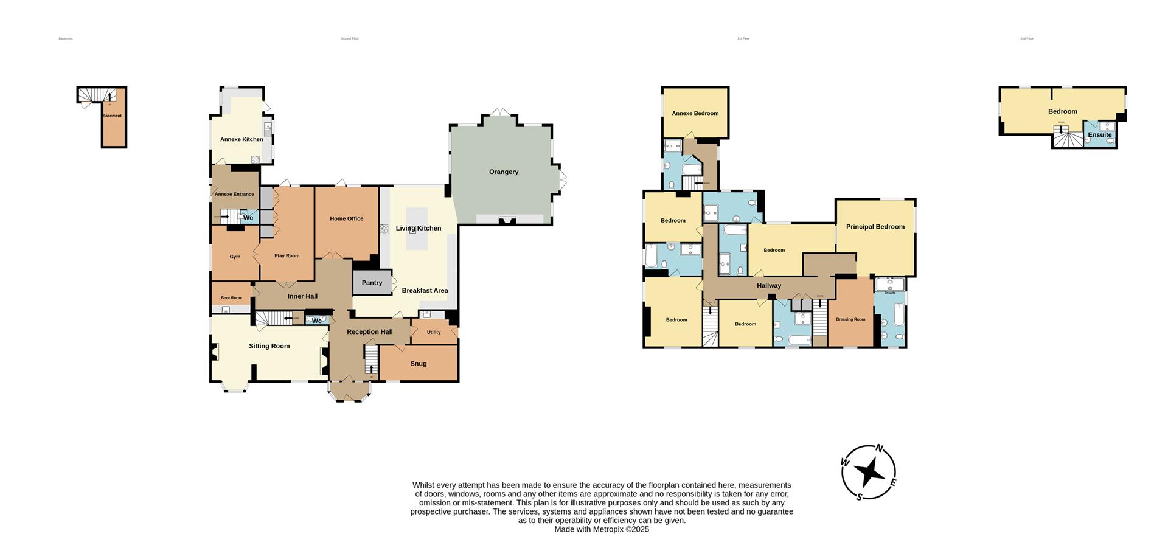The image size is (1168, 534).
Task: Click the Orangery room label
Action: pos(504,172)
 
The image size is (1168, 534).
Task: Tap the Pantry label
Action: pos(372,283)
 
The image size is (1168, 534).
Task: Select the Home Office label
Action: pos(347,219)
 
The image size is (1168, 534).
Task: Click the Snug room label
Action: pos(419,364)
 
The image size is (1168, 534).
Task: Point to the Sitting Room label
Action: pos(269,346)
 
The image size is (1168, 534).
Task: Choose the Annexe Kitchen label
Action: pos(242,139)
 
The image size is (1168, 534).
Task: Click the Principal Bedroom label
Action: pos(875,227)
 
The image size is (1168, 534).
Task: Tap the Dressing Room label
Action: pos(850,319)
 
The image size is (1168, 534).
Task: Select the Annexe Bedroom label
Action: pos(695,113)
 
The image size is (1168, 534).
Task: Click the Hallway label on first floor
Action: pos(769,286)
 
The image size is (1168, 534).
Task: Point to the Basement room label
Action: pos(112,116)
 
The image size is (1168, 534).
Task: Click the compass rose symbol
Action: pos(869,473)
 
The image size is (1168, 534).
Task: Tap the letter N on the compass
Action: pos(879,449)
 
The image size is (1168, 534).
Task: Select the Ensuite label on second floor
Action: pos(1099,135)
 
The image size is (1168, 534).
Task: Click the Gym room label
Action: pos(235,257)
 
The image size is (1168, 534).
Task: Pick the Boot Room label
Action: pos(231,298)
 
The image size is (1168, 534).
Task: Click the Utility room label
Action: pos(434,332)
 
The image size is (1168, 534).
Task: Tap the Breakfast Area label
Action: pos(425,291)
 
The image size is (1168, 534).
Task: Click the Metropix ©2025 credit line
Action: pos(601,529)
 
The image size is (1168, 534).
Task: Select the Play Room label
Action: pos(287,256)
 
